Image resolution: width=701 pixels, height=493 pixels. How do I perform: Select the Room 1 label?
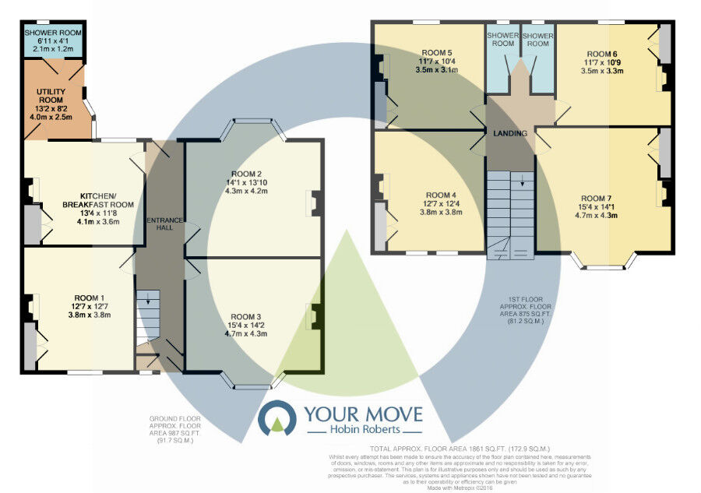pyautogui.click(x=90, y=298)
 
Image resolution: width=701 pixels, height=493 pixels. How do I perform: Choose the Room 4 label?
pyautogui.click(x=441, y=195)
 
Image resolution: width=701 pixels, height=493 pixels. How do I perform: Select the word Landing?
pyautogui.click(x=510, y=134)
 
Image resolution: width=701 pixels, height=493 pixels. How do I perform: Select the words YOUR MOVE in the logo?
pyautogui.click(x=363, y=414)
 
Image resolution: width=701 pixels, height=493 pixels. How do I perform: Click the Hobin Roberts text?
pyautogui.click(x=363, y=431)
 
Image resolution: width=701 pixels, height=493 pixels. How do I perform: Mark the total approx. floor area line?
pyautogui.click(x=461, y=449)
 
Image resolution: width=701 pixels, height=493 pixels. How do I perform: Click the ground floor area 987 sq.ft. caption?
pyautogui.click(x=175, y=428)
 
